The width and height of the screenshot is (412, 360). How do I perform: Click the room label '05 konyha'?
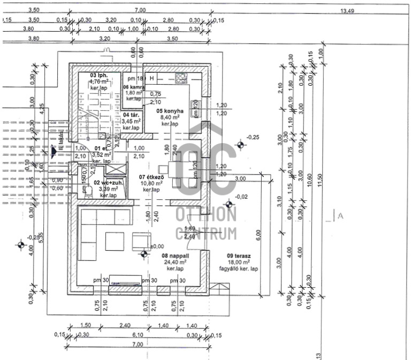tap(167, 111)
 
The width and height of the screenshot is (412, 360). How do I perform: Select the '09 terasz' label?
tap(238, 256)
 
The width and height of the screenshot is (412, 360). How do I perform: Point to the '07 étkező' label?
tap(150, 177)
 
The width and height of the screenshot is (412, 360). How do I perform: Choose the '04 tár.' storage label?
tap(131, 115)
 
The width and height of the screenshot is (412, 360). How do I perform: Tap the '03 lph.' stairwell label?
tap(99, 76)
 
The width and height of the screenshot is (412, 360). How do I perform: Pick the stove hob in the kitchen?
tap(181, 78)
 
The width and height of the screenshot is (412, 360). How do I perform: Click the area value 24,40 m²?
tap(175, 262)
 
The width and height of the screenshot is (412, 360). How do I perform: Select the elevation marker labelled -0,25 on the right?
tap(254, 138)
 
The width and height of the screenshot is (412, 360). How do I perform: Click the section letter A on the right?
tap(340, 216)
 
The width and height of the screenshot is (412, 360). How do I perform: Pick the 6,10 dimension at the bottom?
tap(138, 335)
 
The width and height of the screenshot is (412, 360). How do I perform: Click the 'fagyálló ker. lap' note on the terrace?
tap(238, 268)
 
